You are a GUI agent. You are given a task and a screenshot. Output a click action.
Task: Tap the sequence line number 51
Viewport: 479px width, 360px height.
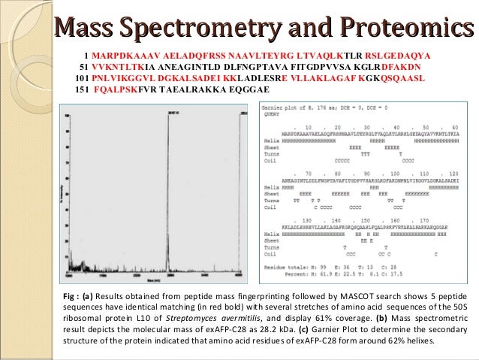(x=84, y=65)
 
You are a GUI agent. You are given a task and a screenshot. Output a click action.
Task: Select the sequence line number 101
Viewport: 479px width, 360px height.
(x=82, y=77)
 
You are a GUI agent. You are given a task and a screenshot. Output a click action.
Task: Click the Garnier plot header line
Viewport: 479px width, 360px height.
(x=318, y=110)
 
